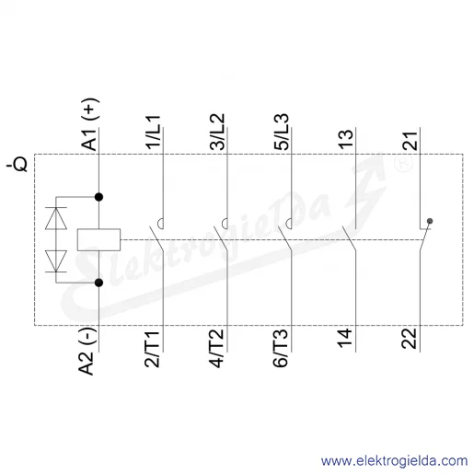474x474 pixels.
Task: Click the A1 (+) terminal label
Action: pyautogui.click(x=89, y=124)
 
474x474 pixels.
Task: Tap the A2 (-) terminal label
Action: pyautogui.click(x=87, y=351)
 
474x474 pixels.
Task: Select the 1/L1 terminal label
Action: pyautogui.click(x=154, y=133)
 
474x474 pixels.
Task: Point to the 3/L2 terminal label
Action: pyautogui.click(x=217, y=132)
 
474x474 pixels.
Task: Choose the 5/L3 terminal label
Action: pyautogui.click(x=282, y=132)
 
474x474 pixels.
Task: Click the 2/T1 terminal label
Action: pyautogui.click(x=152, y=349)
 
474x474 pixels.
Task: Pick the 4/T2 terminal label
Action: pyautogui.click(x=216, y=349)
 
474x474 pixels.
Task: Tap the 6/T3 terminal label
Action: pyautogui.click(x=281, y=349)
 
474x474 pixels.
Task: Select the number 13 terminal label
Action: pyautogui.click(x=346, y=140)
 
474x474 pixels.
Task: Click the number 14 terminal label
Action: pyautogui.click(x=345, y=338)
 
